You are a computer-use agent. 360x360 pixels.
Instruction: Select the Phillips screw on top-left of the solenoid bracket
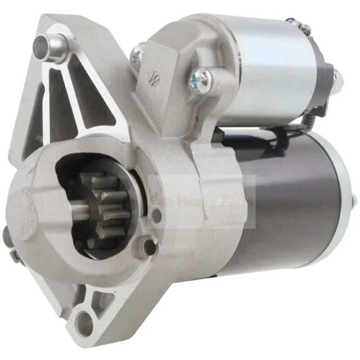pyautogui.click(x=137, y=55)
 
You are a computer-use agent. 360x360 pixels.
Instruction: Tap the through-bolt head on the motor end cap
pyautogui.click(x=353, y=199)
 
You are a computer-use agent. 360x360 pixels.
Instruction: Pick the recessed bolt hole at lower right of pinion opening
pyautogui.click(x=147, y=244)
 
